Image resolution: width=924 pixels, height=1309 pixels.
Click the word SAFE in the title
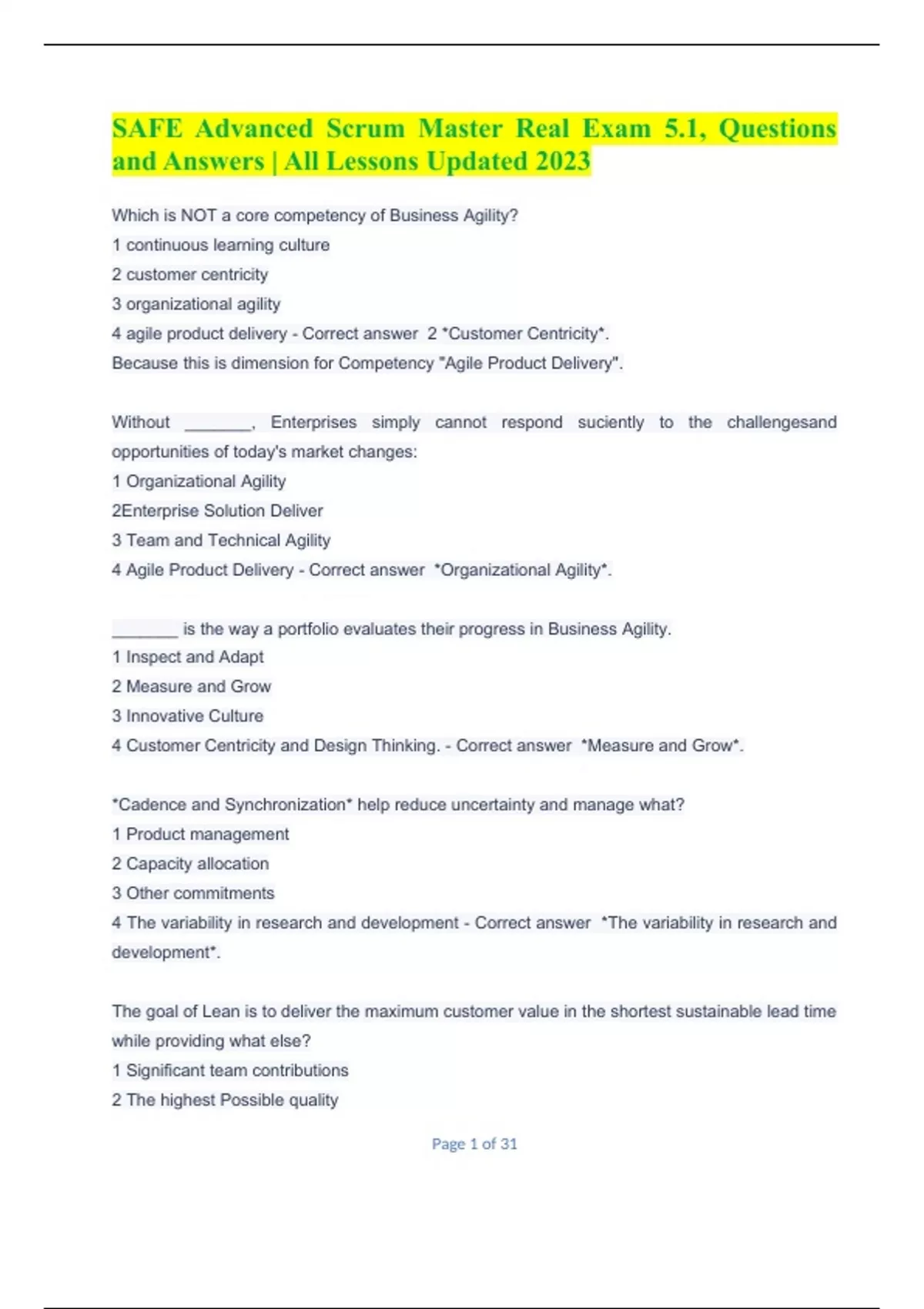point(147,129)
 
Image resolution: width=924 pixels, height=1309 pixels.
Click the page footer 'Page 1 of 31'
point(474,1144)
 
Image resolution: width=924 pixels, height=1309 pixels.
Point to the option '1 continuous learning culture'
point(220,245)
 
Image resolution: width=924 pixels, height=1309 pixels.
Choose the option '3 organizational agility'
point(196,304)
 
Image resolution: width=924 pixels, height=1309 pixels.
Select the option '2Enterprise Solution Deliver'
point(217,511)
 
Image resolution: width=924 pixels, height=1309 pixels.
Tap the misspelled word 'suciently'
point(611,422)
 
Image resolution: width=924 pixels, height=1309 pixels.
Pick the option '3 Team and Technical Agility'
point(221,541)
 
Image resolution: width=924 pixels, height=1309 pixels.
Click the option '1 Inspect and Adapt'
point(187,657)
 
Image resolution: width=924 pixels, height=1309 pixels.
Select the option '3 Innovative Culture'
point(187,716)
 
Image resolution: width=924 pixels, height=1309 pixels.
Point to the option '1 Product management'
point(200,834)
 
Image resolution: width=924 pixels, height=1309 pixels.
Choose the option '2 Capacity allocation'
point(190,864)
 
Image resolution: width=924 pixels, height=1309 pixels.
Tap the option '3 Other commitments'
point(192,893)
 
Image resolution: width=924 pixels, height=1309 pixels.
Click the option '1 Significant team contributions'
point(229,1070)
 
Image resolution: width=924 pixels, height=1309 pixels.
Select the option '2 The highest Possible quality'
point(225,1100)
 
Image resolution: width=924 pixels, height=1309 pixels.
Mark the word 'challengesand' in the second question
point(781,422)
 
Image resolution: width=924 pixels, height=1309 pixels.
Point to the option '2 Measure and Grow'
point(191,686)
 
